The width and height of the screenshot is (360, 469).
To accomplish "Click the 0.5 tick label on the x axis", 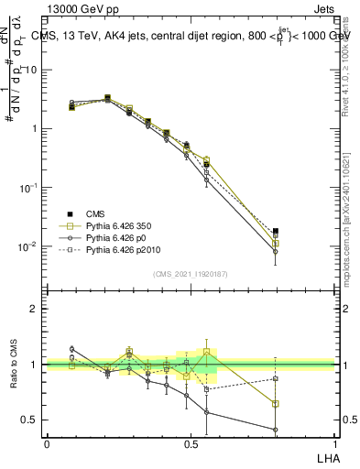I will point(190,442).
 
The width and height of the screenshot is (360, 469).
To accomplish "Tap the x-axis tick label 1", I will point(333,442).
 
